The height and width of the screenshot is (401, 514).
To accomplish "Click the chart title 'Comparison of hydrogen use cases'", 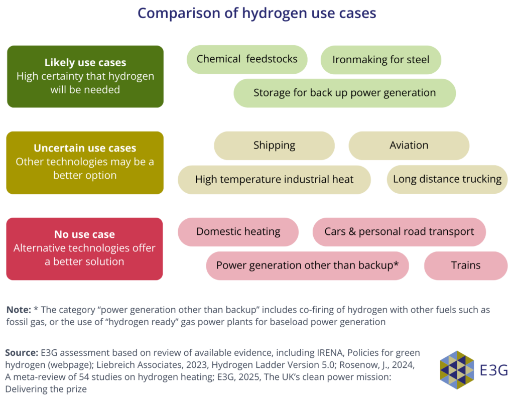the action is click(256, 14).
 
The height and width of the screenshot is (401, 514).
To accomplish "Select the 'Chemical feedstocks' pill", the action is click(247, 59).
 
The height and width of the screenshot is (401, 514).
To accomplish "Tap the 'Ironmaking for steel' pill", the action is click(381, 60).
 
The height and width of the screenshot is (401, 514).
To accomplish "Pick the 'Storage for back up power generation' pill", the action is click(344, 93).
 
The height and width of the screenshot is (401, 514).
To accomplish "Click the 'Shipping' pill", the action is click(275, 146).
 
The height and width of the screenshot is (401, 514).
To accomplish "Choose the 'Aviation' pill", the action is click(409, 146).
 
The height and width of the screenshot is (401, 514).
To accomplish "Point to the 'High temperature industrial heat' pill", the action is click(275, 180).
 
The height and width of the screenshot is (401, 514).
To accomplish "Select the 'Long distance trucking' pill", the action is click(447, 179).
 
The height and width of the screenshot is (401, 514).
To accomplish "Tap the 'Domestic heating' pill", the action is click(238, 232).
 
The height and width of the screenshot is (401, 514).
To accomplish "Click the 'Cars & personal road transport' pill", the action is click(399, 232).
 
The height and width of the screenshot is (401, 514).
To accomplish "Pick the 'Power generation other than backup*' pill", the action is click(308, 265).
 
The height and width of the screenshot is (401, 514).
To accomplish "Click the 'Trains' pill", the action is click(466, 265).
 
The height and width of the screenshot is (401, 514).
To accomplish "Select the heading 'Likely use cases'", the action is click(85, 62).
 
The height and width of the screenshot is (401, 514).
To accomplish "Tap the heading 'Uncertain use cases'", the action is click(85, 148).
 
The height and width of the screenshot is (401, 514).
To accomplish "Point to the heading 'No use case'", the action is click(84, 234).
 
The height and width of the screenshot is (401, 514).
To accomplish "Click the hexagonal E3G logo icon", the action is click(457, 370).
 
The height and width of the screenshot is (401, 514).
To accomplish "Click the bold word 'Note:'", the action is click(19, 310).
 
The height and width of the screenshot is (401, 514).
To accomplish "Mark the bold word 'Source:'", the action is click(22, 353).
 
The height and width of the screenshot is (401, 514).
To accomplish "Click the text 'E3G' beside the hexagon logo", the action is click(494, 370).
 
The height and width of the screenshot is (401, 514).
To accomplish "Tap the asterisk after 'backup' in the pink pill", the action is click(396, 263).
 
